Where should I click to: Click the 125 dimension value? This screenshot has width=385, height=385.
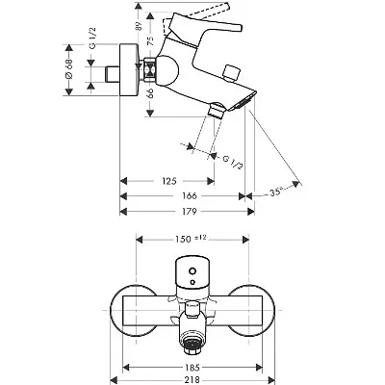coord(167,179)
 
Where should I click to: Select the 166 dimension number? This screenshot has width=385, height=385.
coord(184,194)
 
